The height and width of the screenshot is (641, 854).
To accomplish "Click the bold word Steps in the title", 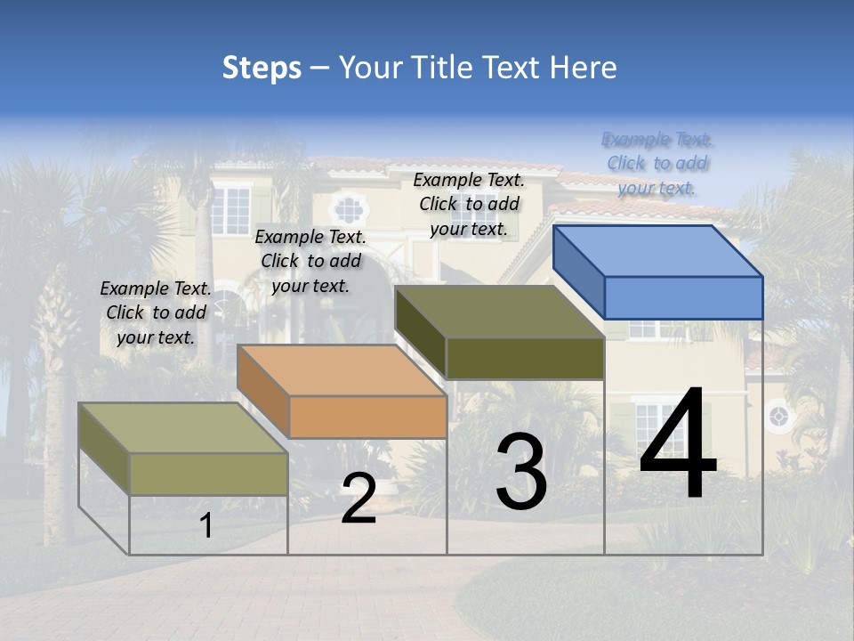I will [x=262, y=68].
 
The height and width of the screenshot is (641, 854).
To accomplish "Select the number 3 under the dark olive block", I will [x=521, y=472].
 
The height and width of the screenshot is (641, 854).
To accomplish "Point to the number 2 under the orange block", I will [x=359, y=499].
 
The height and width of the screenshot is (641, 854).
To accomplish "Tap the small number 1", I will [x=206, y=525].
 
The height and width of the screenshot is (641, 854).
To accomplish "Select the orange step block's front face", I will [x=367, y=417].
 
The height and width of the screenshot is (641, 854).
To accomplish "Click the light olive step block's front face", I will [x=208, y=474].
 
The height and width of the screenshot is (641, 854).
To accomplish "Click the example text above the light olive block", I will [x=156, y=312].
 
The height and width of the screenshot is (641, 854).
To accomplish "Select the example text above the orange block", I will [x=310, y=261].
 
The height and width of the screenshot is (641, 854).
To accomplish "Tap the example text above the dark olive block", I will [x=469, y=204].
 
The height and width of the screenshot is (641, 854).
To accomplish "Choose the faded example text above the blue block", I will [x=657, y=163].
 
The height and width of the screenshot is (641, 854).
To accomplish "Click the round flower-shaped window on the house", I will [x=348, y=210].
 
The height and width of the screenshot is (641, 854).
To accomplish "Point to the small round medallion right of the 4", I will [x=778, y=416].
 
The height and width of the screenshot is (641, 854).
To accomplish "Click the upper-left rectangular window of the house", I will [x=231, y=208].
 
